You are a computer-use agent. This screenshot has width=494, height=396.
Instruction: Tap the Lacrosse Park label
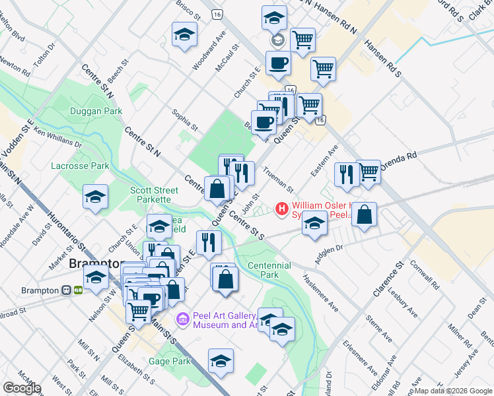pos(80,166)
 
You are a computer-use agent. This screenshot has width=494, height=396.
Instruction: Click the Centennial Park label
pos(269,269)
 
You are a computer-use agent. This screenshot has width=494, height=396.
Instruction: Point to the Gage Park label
pos(170,361)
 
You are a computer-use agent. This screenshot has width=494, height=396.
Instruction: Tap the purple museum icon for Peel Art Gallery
pos(183,319)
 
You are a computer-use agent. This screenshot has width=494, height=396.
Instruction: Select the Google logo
pos(22,388)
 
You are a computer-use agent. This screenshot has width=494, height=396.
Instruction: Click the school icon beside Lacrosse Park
pos(95,197)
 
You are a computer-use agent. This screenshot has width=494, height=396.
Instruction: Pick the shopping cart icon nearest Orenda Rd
pos(369,172)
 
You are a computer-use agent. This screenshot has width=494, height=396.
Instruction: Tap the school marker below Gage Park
pos(221,360)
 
